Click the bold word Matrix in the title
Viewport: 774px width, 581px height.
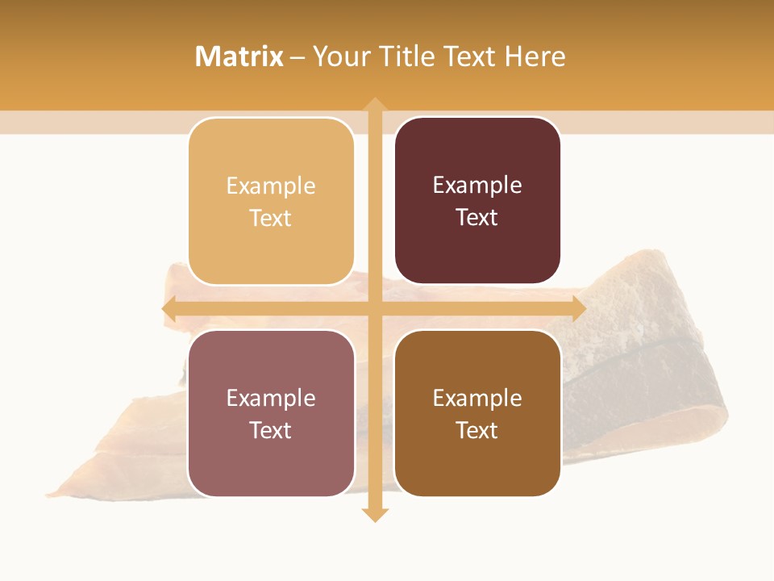(x=239, y=56)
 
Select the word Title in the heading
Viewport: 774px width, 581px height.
(x=410, y=56)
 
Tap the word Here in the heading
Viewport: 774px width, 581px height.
(x=535, y=56)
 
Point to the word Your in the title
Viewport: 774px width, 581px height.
(x=343, y=56)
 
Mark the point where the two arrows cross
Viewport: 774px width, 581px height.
(x=374, y=309)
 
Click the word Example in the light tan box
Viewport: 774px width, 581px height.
(x=271, y=186)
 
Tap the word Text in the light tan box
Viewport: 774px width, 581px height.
(x=271, y=219)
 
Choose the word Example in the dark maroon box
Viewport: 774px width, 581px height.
(x=477, y=186)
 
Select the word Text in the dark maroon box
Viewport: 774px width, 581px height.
(x=477, y=218)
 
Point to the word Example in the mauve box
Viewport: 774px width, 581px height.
(x=271, y=399)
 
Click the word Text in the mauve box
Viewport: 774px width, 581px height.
(x=271, y=431)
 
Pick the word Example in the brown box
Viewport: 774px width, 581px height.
(x=477, y=399)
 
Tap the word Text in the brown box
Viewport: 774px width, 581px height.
(x=477, y=431)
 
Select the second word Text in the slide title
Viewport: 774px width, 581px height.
(x=470, y=56)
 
